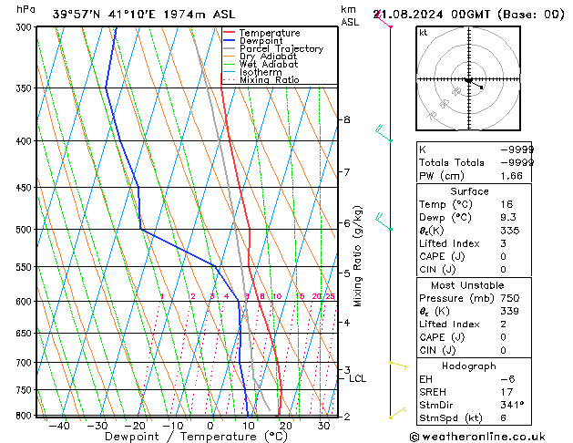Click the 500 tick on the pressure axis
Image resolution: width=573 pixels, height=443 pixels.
click(x=20, y=230)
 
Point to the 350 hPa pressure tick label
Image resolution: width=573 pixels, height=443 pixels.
click(x=20, y=88)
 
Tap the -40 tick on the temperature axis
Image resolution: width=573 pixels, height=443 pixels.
click(x=60, y=426)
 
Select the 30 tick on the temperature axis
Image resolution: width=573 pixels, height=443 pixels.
click(x=323, y=426)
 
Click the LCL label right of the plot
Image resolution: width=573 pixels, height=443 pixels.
click(x=358, y=378)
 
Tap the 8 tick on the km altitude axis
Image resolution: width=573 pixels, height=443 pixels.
click(x=346, y=119)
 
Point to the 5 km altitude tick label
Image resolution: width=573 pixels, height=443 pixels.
click(x=346, y=273)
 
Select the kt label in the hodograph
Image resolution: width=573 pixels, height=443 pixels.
click(x=423, y=32)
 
